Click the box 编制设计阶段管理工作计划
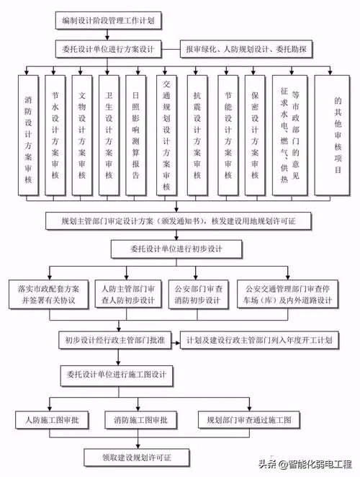(108, 21)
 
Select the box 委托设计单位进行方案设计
(108, 49)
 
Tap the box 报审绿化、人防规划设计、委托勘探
(246, 49)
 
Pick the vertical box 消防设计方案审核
(28, 135)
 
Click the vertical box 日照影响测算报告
(135, 135)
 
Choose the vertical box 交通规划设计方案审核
(166, 135)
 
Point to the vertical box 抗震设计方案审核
(197, 135)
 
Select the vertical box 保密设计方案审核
(255, 135)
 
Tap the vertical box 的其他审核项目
(332, 135)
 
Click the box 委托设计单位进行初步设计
(176, 249)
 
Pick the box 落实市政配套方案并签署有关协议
(49, 295)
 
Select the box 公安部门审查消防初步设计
(198, 295)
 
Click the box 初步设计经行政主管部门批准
(114, 340)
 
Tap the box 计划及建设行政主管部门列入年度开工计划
(259, 340)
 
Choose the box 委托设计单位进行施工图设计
(117, 375)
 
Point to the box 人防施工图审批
(52, 420)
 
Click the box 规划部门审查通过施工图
(249, 420)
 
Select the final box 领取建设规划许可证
(137, 458)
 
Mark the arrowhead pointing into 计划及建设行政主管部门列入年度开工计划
(177, 343)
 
